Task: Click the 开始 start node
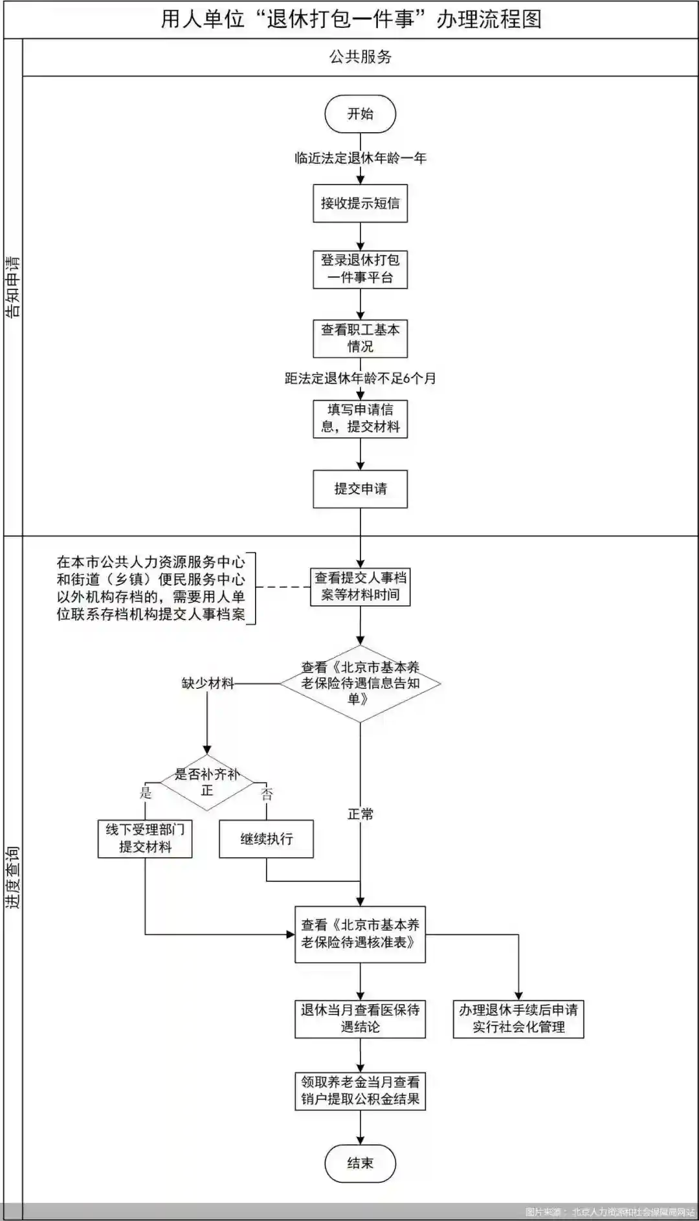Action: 360,114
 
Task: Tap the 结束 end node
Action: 360,1163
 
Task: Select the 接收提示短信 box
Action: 360,203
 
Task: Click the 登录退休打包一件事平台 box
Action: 360,269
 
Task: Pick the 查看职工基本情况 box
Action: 360,338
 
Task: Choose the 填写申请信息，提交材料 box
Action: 360,418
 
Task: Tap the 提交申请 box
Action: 360,489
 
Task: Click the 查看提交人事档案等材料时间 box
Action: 360,587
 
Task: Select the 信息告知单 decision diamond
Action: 360,683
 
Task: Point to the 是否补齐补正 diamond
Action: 206,782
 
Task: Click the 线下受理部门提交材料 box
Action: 145,838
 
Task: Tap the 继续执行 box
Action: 266,839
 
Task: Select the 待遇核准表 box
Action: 360,934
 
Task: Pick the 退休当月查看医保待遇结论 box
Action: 360,1018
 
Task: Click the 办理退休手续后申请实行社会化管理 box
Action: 518,1018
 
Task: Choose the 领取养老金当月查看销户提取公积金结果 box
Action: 360,1090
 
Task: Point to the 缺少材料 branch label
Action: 207,683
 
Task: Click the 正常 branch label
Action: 360,814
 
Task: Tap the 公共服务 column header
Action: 360,57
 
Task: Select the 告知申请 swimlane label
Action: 13,287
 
